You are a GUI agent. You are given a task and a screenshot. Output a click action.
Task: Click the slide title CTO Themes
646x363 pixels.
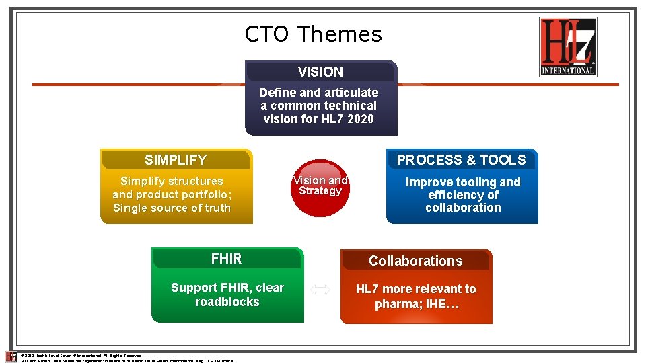(x=313, y=34)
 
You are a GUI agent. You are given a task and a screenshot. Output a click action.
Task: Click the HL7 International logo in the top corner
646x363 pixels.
(x=568, y=46)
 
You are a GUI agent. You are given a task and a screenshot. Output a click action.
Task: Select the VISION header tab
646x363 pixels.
(x=320, y=72)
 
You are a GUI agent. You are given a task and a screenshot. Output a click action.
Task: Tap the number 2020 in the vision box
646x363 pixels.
(x=360, y=119)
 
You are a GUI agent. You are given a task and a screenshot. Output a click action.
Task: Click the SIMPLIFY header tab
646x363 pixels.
(x=176, y=160)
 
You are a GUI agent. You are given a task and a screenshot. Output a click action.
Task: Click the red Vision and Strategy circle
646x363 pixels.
(x=320, y=188)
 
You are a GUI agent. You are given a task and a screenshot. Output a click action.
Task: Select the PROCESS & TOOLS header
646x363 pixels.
(x=461, y=160)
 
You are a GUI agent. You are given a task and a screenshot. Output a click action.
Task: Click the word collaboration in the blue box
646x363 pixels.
(x=463, y=208)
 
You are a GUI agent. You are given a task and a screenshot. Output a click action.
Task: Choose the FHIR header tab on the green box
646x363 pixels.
(x=226, y=259)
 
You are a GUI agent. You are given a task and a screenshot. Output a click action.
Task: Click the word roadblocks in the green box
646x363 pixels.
(x=227, y=302)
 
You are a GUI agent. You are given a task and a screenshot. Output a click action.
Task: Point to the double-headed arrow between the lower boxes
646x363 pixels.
(x=320, y=290)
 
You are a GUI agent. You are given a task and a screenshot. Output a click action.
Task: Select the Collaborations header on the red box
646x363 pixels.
(x=415, y=261)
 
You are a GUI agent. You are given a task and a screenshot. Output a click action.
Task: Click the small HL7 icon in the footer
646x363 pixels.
(x=11, y=356)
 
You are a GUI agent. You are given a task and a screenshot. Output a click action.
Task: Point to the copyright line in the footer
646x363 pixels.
(x=81, y=355)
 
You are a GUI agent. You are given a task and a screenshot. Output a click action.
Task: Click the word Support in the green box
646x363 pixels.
(x=195, y=288)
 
